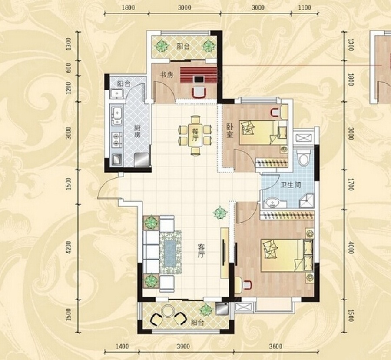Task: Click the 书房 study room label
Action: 166,75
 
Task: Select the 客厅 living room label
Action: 201,251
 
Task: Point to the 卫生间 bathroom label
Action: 291,185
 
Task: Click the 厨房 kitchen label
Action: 137,131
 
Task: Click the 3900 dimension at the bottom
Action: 183,347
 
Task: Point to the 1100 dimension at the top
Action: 305,7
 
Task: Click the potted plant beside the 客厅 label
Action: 220,213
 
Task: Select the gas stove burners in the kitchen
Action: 116,140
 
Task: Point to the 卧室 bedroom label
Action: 230,131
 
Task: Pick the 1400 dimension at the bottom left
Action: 123,347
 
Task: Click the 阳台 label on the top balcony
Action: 183,47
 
